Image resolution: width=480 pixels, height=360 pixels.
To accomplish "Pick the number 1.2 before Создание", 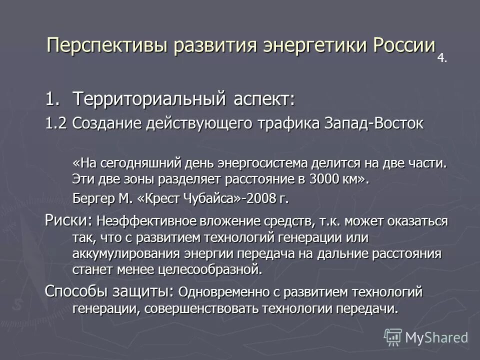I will [x=56, y=123].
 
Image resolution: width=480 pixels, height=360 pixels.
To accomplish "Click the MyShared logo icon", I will [x=393, y=337].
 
